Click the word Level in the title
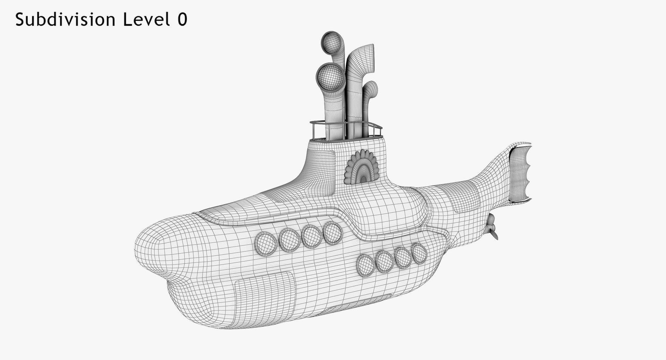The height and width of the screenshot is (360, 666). click(x=144, y=20)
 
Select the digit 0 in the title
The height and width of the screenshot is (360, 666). click(x=182, y=20)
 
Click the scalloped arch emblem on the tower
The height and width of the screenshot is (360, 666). click(x=362, y=167)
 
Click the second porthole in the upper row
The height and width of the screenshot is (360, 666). click(x=289, y=240)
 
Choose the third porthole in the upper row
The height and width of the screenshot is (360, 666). click(x=311, y=236)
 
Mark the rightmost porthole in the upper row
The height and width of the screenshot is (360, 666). click(x=333, y=232)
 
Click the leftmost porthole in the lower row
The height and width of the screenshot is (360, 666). click(x=365, y=265)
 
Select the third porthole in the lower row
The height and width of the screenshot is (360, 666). click(x=403, y=258)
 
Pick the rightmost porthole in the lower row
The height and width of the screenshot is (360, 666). click(x=419, y=253)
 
